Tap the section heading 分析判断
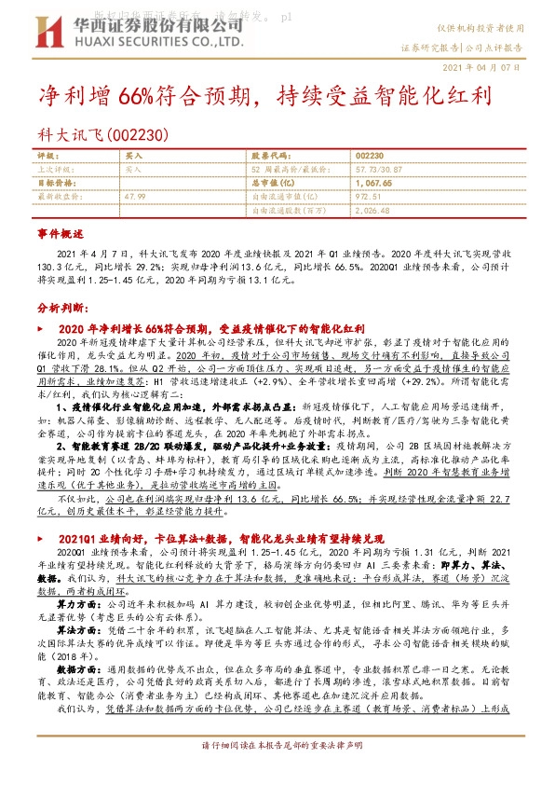[x=62, y=308]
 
